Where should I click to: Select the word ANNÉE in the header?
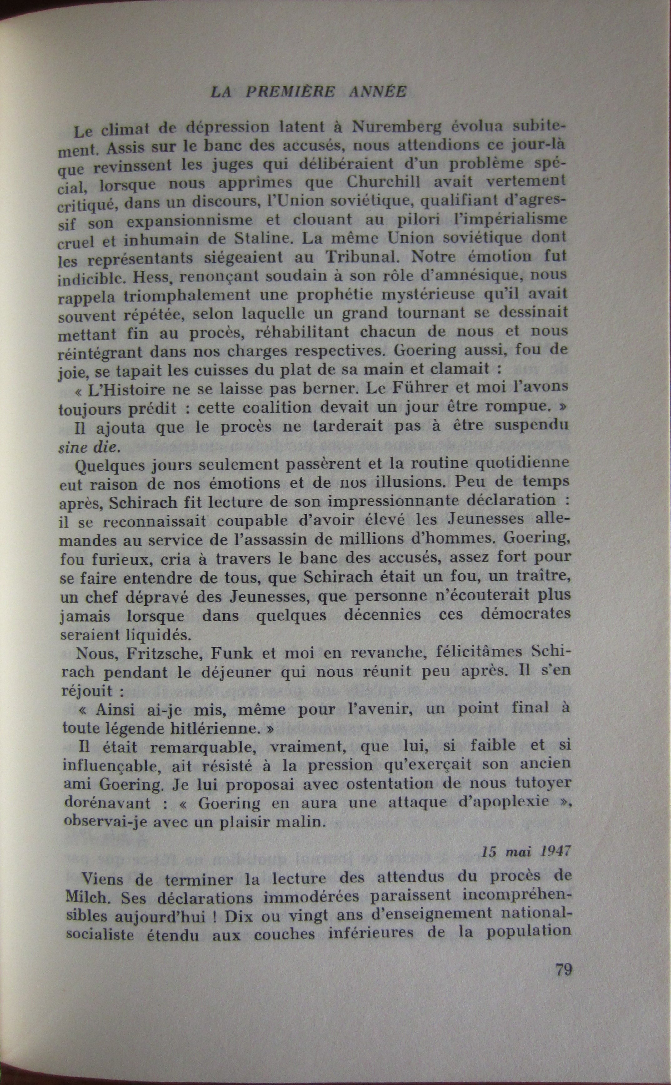tap(377, 91)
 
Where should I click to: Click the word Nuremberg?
tap(397, 127)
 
